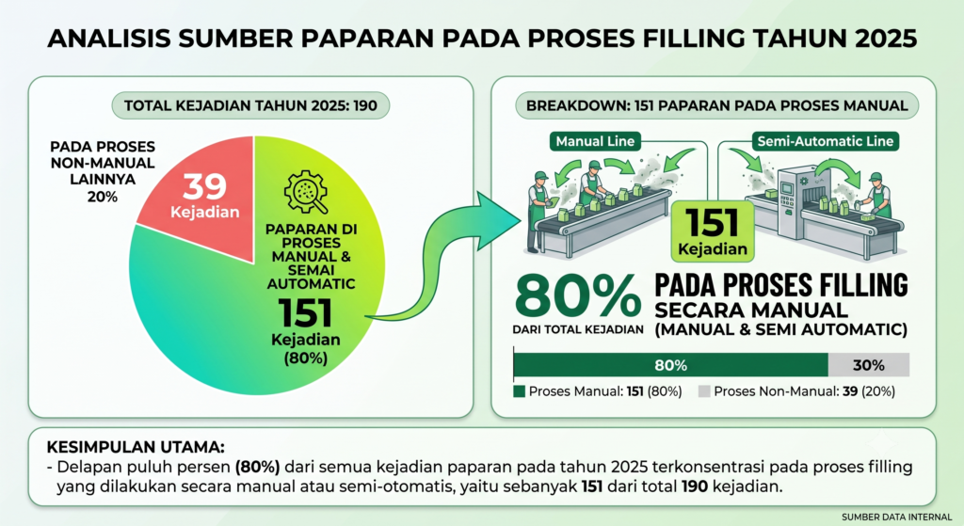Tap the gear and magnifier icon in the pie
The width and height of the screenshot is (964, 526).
(306, 192)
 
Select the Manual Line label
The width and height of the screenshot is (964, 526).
(595, 141)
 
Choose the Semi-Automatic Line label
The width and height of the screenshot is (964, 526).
(825, 141)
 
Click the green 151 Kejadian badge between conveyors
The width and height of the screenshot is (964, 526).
(713, 231)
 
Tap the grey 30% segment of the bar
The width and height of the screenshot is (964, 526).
(869, 365)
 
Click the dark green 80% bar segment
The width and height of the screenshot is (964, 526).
(670, 365)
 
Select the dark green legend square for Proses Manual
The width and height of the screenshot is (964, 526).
(520, 391)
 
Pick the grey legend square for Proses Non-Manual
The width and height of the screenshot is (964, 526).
(704, 391)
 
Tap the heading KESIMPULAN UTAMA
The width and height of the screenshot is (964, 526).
(136, 447)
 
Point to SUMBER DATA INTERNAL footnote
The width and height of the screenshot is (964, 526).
(896, 518)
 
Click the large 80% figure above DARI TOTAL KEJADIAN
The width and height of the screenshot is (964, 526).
(578, 296)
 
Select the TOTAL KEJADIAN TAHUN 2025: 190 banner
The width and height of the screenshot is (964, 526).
(250, 105)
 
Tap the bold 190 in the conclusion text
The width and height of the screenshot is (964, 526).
(695, 487)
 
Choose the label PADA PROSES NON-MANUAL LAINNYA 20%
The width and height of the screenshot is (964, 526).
(103, 171)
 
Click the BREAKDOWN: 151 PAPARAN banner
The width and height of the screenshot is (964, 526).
(716, 105)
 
